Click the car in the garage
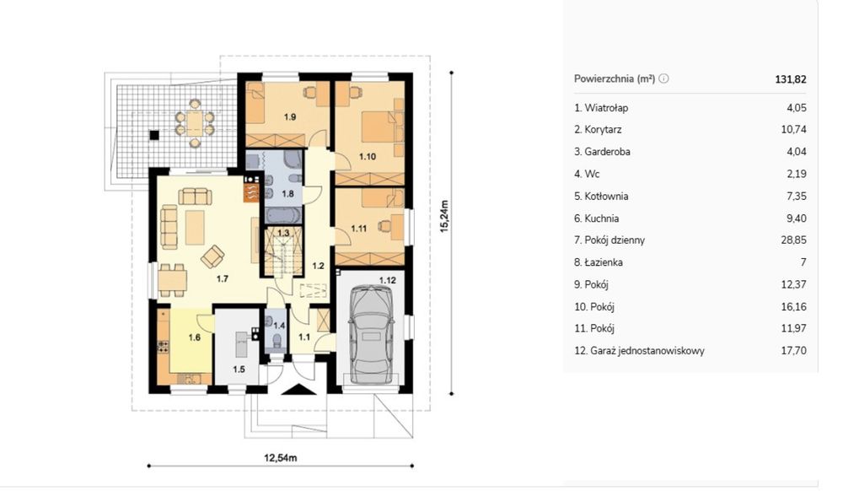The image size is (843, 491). click(370, 334)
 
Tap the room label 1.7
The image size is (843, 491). click(222, 278)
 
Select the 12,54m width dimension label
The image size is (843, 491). click(281, 458)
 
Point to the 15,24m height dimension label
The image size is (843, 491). click(444, 216)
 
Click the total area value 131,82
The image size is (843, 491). click(791, 79)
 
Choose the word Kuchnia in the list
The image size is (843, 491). click(602, 219)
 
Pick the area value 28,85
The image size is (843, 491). click(793, 240)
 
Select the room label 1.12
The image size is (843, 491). click(388, 280)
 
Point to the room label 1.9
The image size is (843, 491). click(290, 116)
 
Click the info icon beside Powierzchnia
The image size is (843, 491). click(664, 78)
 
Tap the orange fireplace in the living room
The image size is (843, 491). click(251, 192)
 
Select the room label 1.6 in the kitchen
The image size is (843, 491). click(194, 337)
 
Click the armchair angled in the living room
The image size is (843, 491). click(213, 256)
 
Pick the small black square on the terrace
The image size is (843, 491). click(154, 136)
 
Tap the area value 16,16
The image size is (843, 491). click(793, 307)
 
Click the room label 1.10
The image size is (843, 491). click(368, 157)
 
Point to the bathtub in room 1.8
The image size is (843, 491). click(283, 216)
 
